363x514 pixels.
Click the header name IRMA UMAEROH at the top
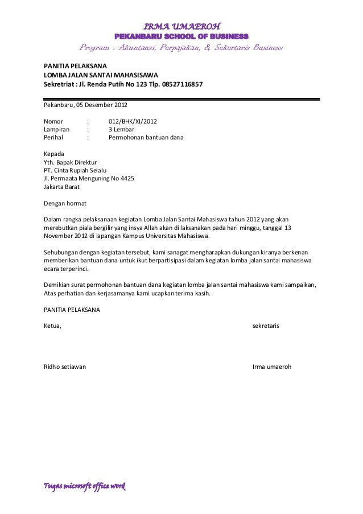pos(181,26)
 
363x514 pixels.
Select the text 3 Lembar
pos(121,129)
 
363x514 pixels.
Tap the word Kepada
pos(54,153)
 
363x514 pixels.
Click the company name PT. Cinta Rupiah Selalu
pos(75,169)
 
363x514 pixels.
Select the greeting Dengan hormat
pos(65,202)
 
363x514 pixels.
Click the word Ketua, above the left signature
pos(52,326)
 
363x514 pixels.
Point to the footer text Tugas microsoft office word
pos(84,487)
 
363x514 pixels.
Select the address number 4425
pos(126,178)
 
